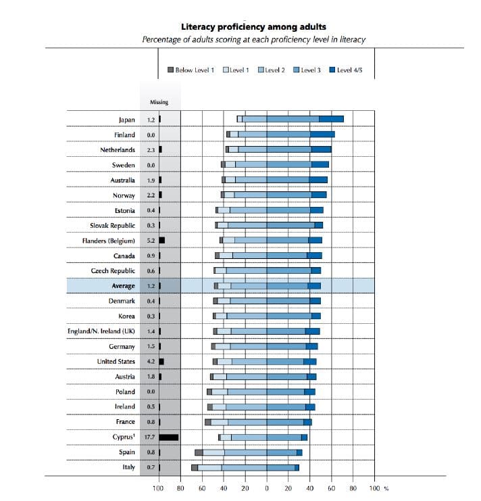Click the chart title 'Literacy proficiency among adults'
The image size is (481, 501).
coord(253,27)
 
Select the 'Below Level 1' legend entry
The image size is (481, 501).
coord(191,70)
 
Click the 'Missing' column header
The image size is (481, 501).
coord(159,102)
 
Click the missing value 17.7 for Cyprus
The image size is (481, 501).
coord(151,437)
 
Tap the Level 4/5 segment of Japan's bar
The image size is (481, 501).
coord(331,119)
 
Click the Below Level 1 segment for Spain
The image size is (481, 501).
coord(199,452)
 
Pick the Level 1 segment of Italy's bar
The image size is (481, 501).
coord(209,467)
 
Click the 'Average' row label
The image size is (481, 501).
coord(122,286)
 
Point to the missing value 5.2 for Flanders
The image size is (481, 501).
coord(151,240)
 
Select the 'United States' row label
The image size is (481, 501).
coord(116,362)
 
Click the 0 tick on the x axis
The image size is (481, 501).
coord(267,487)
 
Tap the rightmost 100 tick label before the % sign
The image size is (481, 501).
coord(374,487)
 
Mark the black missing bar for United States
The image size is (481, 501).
coord(161,362)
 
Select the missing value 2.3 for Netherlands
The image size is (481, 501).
coord(151,149)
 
